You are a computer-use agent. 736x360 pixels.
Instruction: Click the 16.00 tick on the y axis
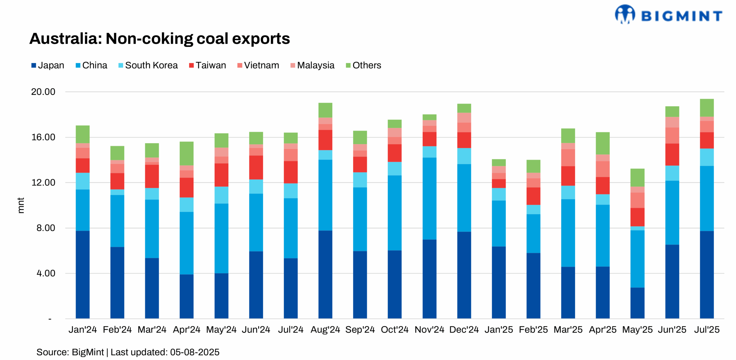tap(43, 137)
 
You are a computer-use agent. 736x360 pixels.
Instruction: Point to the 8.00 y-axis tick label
tap(45, 228)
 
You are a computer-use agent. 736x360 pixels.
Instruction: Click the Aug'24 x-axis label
tap(325, 330)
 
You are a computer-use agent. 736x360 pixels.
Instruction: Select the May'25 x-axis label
tap(637, 330)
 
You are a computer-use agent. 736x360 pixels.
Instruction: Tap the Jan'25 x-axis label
tap(499, 330)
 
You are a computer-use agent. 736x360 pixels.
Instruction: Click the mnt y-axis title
tap(21, 205)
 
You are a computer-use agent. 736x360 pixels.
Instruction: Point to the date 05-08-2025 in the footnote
tap(194, 352)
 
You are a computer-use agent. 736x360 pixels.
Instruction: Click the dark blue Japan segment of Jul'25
tap(706, 275)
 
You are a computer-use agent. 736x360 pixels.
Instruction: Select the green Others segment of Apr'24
tap(186, 153)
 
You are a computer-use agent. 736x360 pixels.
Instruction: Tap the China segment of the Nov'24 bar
tap(429, 198)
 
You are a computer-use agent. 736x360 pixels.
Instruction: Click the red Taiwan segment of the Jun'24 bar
tap(256, 167)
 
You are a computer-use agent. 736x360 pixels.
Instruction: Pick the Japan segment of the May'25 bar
tap(637, 303)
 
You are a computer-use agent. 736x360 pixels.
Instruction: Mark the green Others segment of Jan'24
tap(83, 134)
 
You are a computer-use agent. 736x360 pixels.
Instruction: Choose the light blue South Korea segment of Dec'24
tap(464, 156)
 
